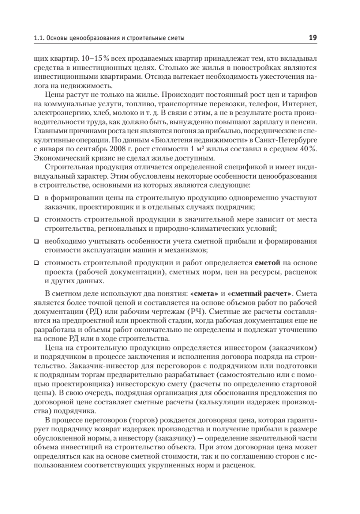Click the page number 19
[x=312, y=38]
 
